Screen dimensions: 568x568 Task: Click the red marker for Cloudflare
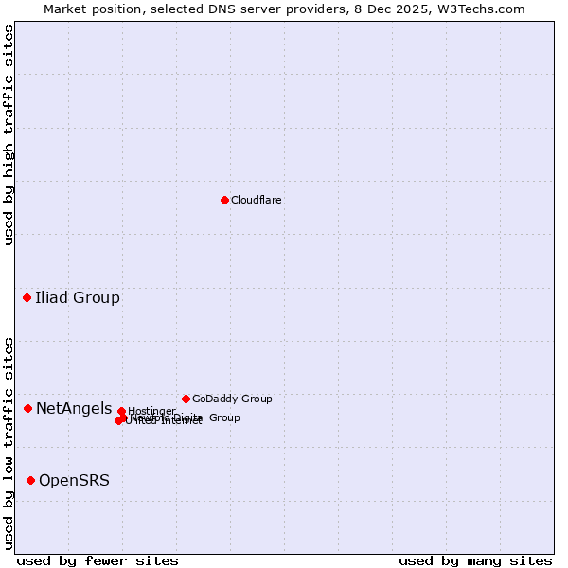coord(224,200)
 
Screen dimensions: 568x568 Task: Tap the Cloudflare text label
coord(257,201)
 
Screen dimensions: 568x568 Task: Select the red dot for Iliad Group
coord(27,298)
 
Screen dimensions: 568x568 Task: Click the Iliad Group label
coord(78,298)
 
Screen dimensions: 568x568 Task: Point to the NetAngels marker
coord(28,408)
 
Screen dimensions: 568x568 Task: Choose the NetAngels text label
coord(74,409)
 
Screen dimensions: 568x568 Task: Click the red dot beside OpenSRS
coord(31,481)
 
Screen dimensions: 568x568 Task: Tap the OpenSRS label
coord(74,481)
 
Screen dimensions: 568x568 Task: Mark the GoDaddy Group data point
coord(186,399)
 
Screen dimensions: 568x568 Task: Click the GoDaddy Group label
coord(232,399)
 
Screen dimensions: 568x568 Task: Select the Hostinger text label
coord(151,411)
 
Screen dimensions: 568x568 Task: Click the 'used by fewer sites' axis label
coord(98,560)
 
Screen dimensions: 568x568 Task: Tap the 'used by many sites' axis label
coord(475,560)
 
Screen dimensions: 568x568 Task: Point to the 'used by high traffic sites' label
coord(9,134)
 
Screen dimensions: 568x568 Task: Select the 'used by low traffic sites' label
coord(9,443)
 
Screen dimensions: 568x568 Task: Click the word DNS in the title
coord(204,9)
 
